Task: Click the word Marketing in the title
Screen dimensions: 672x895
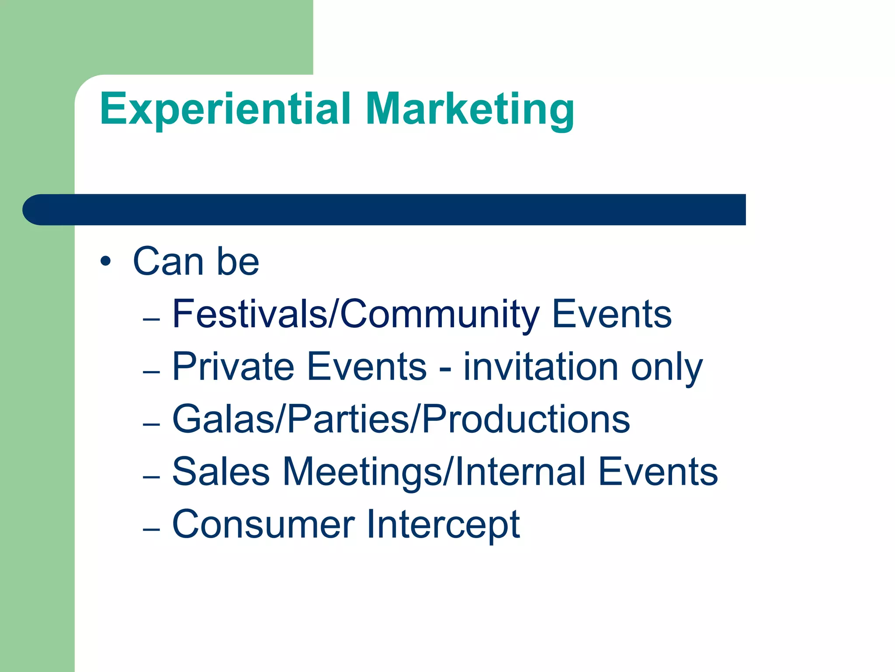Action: (x=470, y=109)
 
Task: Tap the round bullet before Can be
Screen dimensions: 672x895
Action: (x=105, y=262)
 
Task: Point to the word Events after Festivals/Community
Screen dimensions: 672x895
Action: (x=612, y=314)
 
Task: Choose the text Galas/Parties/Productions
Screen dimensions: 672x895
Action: (x=401, y=419)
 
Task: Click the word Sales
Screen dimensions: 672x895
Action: (x=221, y=472)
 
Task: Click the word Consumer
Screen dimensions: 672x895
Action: (x=264, y=524)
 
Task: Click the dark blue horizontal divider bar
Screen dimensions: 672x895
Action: (x=385, y=210)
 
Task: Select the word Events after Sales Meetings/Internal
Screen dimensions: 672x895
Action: (x=658, y=472)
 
